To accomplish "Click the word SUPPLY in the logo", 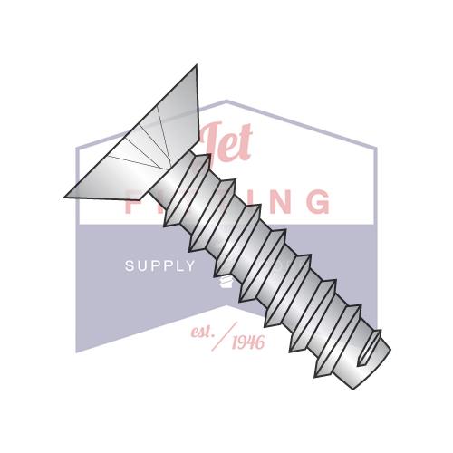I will pos(159,265).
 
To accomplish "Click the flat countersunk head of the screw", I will pos(145,140).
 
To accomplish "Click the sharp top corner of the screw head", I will pos(197,66).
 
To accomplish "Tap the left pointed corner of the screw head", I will pos(64,193).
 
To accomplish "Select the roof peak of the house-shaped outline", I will pos(226,101).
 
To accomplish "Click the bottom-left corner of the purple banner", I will pos(76,352).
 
